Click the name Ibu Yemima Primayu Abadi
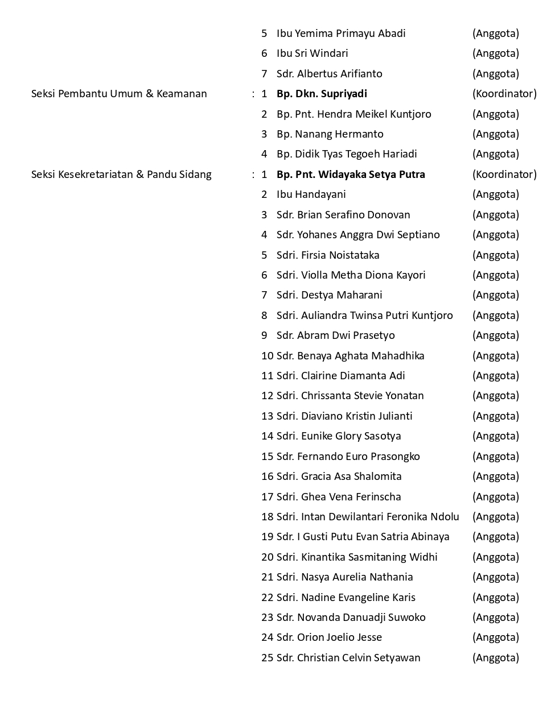pos(341,34)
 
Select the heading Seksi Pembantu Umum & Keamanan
pos(119,94)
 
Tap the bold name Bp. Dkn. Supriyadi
pos(322,94)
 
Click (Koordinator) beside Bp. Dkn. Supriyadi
pos(504,94)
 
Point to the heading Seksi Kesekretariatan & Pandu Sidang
pos(121,175)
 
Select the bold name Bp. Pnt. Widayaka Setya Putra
pos(351,175)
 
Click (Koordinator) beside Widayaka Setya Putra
pos(504,175)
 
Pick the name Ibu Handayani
pos(311,194)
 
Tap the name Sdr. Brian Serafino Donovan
pos(343,215)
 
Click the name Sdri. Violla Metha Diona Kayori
pos(351,275)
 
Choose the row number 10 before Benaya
pos(267,356)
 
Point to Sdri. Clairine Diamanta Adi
pos(340,376)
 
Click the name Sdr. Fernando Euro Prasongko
pos(348,457)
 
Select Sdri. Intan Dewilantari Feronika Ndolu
pos(368,517)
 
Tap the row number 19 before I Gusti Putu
pos(267,537)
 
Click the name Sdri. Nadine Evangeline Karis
pos(346,598)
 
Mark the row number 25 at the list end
pos(267,658)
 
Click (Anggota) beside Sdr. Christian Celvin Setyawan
pos(495,658)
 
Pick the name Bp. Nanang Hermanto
pos(330,134)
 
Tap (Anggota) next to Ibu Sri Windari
pos(495,53)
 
